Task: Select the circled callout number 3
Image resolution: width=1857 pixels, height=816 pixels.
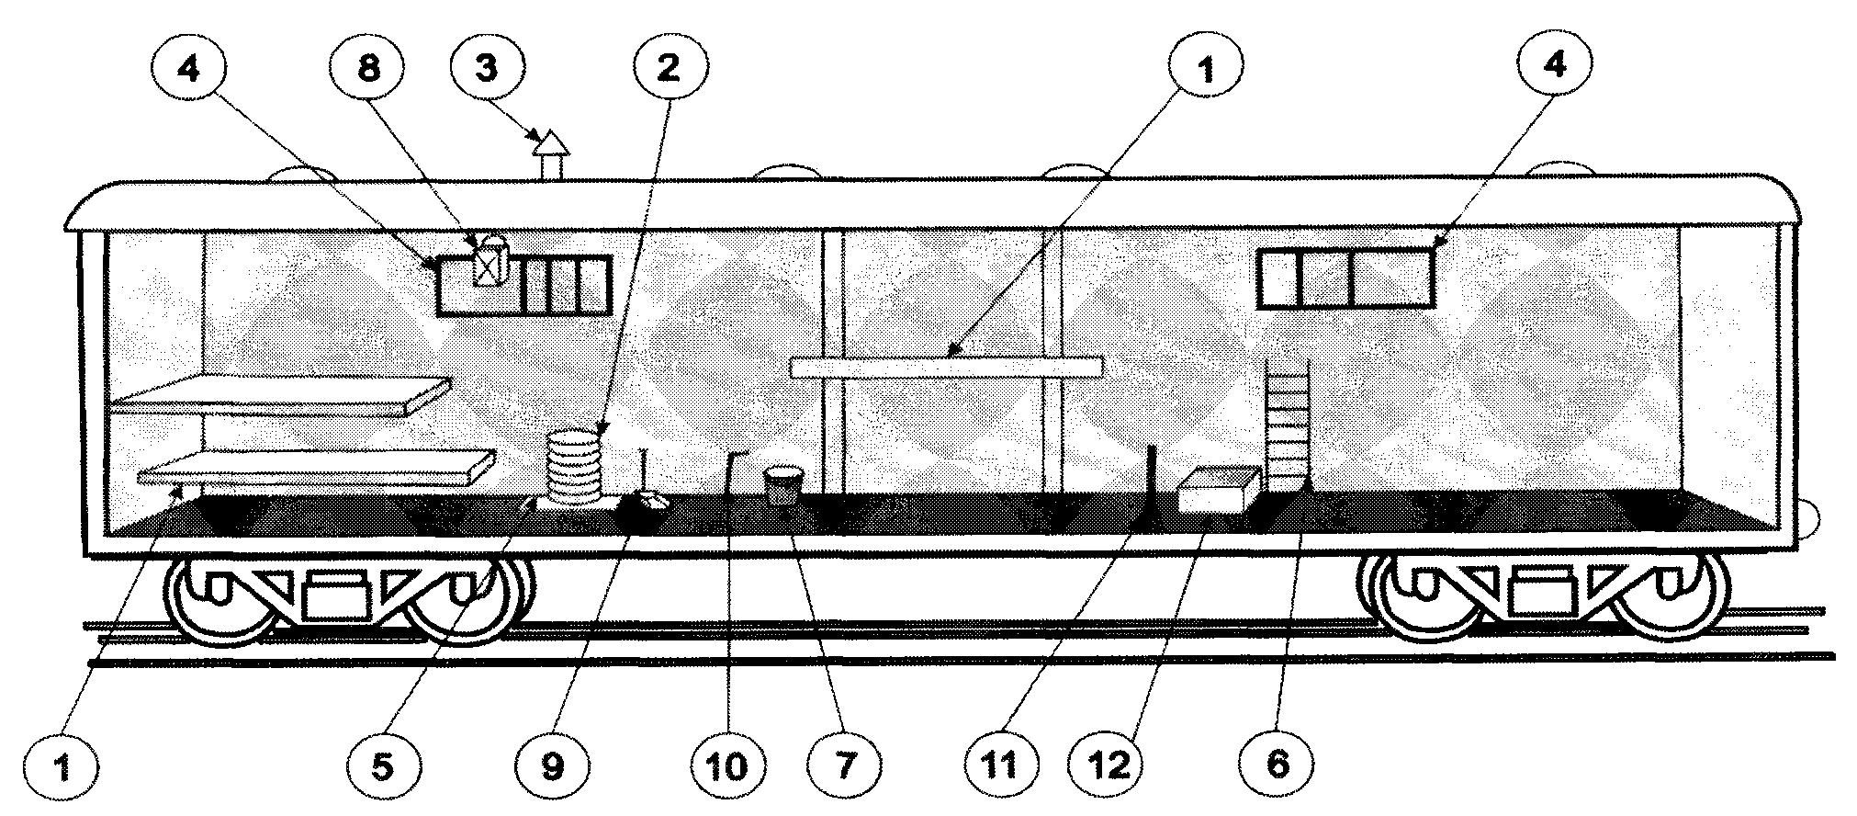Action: coord(487,70)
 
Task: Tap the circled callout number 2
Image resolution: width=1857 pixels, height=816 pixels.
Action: coord(669,70)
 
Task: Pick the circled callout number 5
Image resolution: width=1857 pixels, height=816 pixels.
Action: coord(384,765)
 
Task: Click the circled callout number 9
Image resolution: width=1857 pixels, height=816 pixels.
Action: coord(551,765)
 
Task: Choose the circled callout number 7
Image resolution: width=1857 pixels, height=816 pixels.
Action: coord(844,765)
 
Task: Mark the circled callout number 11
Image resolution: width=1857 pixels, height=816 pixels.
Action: coord(1001,765)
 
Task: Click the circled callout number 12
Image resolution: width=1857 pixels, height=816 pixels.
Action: coord(1109,765)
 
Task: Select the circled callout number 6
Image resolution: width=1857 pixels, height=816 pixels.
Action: coord(1277,765)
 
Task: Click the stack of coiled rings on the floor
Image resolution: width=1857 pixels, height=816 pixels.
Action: coord(573,467)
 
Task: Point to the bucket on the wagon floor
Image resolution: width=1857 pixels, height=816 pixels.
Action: coord(783,484)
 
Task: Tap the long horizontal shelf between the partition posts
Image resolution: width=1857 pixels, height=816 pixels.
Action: coord(946,367)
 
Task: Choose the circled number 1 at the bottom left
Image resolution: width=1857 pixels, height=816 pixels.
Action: coord(62,765)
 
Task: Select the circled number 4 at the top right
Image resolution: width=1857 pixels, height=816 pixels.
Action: coord(1554,70)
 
